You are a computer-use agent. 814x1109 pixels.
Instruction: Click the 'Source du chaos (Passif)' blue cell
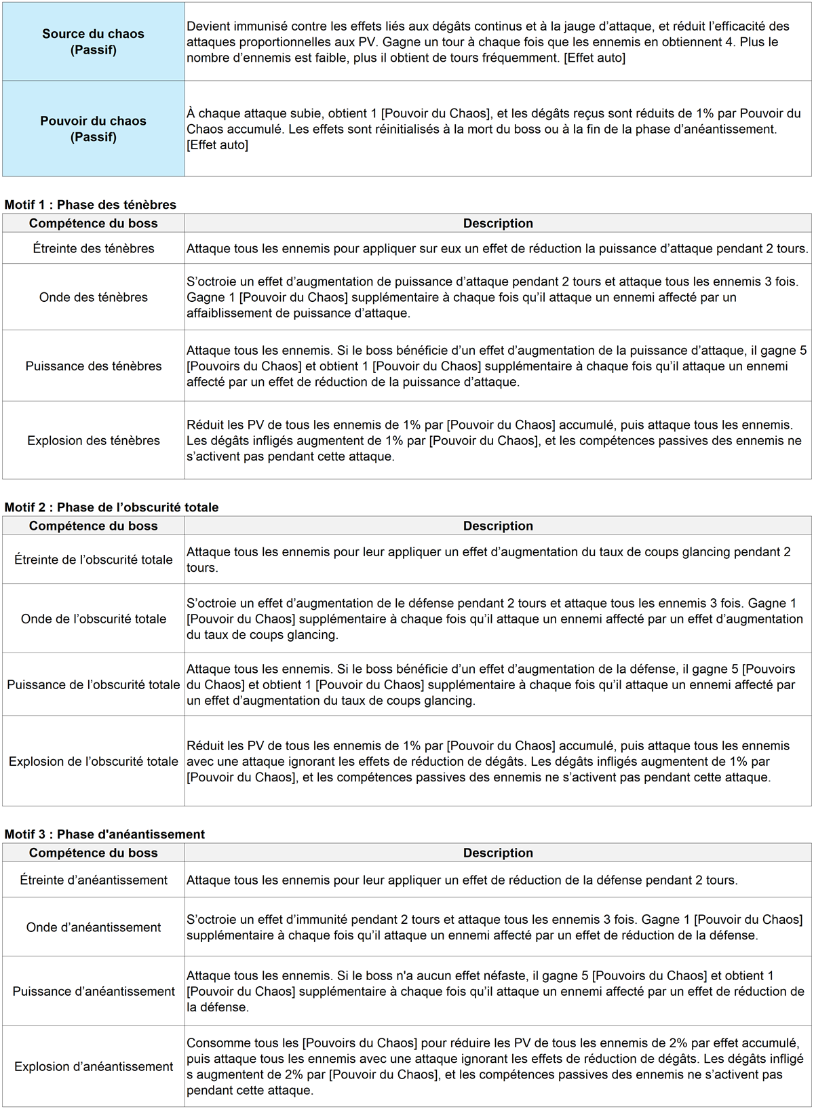pyautogui.click(x=94, y=42)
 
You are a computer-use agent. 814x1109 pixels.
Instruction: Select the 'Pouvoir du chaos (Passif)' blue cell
pyautogui.click(x=94, y=129)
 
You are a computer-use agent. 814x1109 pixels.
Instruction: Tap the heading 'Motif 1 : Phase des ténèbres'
pyautogui.click(x=90, y=205)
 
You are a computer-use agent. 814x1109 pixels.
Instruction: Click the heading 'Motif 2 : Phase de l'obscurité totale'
pyautogui.click(x=111, y=507)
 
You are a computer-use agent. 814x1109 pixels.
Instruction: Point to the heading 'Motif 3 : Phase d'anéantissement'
pyautogui.click(x=104, y=834)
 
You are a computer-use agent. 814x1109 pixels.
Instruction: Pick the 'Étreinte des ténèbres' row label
pyautogui.click(x=94, y=249)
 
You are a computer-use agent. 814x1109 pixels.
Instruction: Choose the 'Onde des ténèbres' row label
pyautogui.click(x=94, y=297)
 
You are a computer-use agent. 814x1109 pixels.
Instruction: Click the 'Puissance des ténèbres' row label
pyautogui.click(x=94, y=366)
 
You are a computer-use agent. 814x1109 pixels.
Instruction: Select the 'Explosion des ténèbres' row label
pyautogui.click(x=94, y=441)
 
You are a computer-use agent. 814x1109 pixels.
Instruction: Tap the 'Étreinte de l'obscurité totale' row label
pyautogui.click(x=94, y=560)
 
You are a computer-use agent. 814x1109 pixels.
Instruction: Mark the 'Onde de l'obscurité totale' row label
pyautogui.click(x=94, y=619)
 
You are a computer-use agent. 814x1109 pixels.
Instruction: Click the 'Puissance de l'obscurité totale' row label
pyautogui.click(x=94, y=685)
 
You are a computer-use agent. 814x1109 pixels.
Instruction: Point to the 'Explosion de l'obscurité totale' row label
pyautogui.click(x=94, y=762)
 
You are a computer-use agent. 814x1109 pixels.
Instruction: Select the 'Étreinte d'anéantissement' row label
pyautogui.click(x=94, y=880)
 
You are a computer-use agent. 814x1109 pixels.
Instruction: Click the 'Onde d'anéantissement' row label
pyautogui.click(x=94, y=927)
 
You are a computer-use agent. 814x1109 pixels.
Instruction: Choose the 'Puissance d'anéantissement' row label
pyautogui.click(x=94, y=992)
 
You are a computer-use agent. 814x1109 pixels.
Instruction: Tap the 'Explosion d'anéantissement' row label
pyautogui.click(x=94, y=1067)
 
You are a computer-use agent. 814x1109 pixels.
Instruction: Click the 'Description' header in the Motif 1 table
pyautogui.click(x=498, y=224)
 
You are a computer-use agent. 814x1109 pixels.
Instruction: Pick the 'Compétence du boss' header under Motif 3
pyautogui.click(x=94, y=853)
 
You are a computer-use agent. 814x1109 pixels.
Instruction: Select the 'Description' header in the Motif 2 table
pyautogui.click(x=498, y=526)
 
